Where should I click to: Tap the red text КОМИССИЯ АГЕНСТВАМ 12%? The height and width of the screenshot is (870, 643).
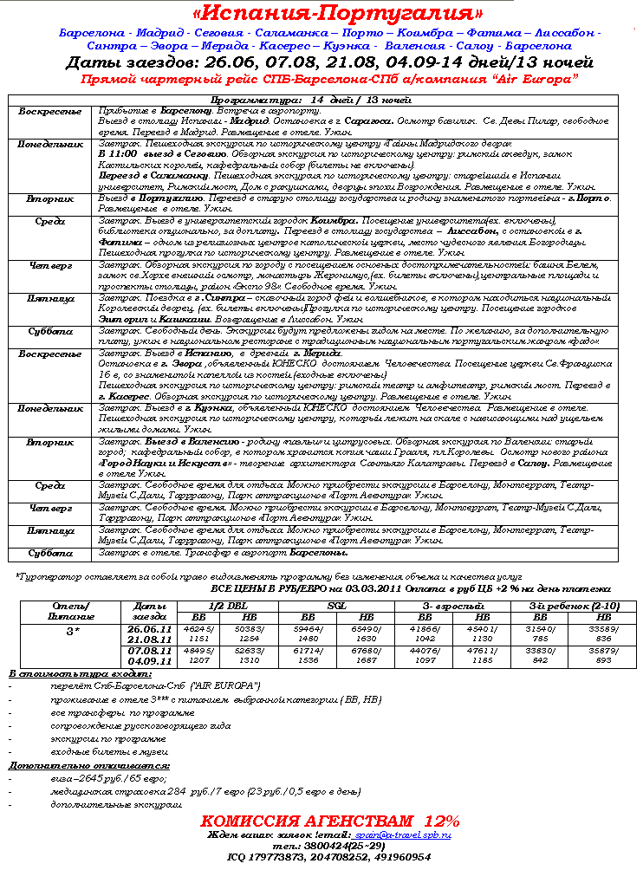click(330, 820)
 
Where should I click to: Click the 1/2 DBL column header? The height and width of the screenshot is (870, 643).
click(226, 605)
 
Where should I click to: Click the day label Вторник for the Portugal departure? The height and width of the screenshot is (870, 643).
click(50, 198)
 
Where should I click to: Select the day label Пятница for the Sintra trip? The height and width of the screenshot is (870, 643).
click(50, 298)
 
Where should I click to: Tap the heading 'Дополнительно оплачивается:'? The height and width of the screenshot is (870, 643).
click(88, 765)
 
